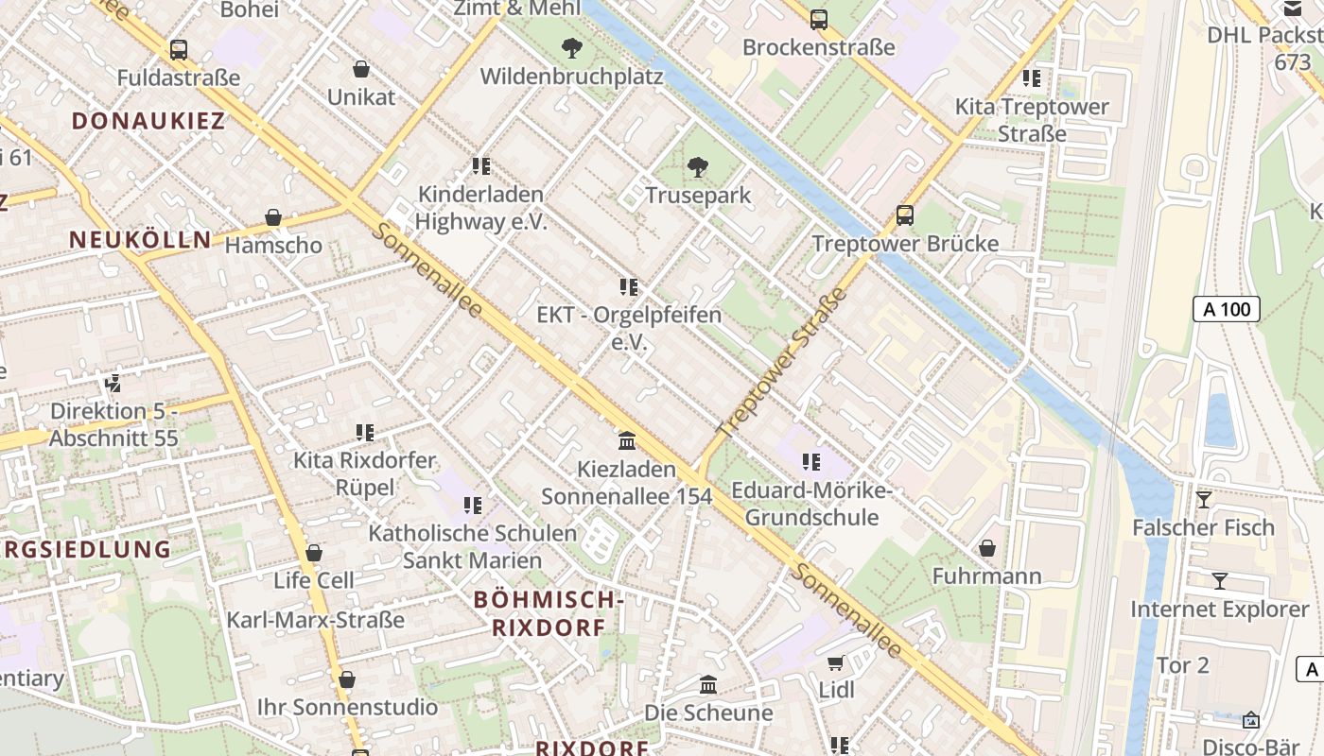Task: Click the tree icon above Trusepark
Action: [x=698, y=167]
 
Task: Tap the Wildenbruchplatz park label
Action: [x=571, y=77]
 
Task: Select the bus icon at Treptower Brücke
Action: [x=905, y=215]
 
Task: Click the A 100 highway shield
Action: [x=1226, y=309]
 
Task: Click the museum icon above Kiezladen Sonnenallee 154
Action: [x=626, y=441]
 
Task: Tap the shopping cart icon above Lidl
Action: [x=836, y=662]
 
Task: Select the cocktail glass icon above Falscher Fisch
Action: [x=1203, y=499]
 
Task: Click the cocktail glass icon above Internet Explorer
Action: [x=1220, y=581]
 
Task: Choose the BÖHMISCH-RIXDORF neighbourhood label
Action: [x=549, y=612]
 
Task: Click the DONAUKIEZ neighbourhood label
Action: [x=148, y=121]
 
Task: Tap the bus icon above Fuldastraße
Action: [x=178, y=50]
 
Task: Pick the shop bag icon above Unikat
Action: [x=360, y=69]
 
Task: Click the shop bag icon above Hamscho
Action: [x=273, y=217]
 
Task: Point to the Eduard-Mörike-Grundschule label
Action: [x=811, y=505]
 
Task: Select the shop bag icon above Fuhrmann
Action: [x=986, y=548]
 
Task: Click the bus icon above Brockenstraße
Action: [x=818, y=19]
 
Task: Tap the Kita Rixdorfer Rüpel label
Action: [x=364, y=473]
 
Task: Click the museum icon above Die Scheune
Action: [x=708, y=684]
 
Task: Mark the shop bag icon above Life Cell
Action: [x=314, y=553]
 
